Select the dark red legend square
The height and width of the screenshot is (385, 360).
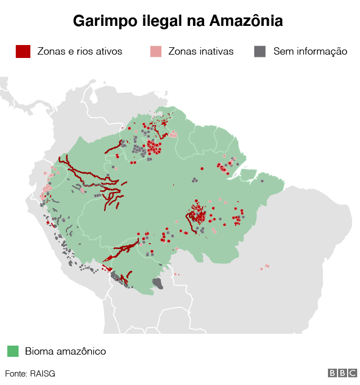tap(22, 51)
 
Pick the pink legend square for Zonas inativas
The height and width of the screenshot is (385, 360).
tap(156, 51)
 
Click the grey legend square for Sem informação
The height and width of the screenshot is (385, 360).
tap(260, 51)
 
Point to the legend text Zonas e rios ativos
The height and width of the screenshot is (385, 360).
tap(79, 51)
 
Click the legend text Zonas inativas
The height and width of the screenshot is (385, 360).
tap(201, 51)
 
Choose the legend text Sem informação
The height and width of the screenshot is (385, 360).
tap(310, 51)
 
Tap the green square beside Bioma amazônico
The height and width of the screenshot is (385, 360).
tap(13, 351)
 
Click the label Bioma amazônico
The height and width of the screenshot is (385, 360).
tap(65, 351)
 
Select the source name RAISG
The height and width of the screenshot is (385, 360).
tap(43, 373)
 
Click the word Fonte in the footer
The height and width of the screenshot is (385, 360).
tap(16, 373)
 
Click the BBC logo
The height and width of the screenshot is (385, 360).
tap(343, 373)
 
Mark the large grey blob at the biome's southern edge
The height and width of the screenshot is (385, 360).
tap(158, 283)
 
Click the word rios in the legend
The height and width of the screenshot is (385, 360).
tap(84, 51)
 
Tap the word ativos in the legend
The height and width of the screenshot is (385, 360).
tap(109, 51)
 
